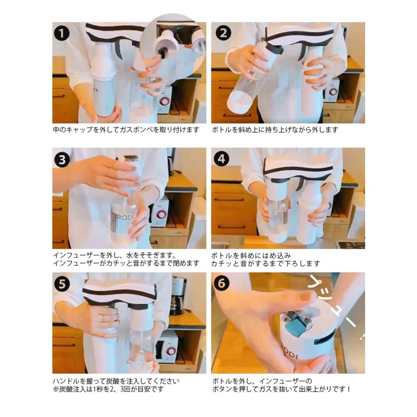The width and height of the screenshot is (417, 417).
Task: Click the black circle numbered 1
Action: [x=62, y=33]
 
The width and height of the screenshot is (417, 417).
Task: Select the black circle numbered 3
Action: [x=62, y=159]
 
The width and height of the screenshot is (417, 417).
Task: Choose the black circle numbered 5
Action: [x=62, y=284]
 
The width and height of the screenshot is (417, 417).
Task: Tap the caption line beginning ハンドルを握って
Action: [x=116, y=381]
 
